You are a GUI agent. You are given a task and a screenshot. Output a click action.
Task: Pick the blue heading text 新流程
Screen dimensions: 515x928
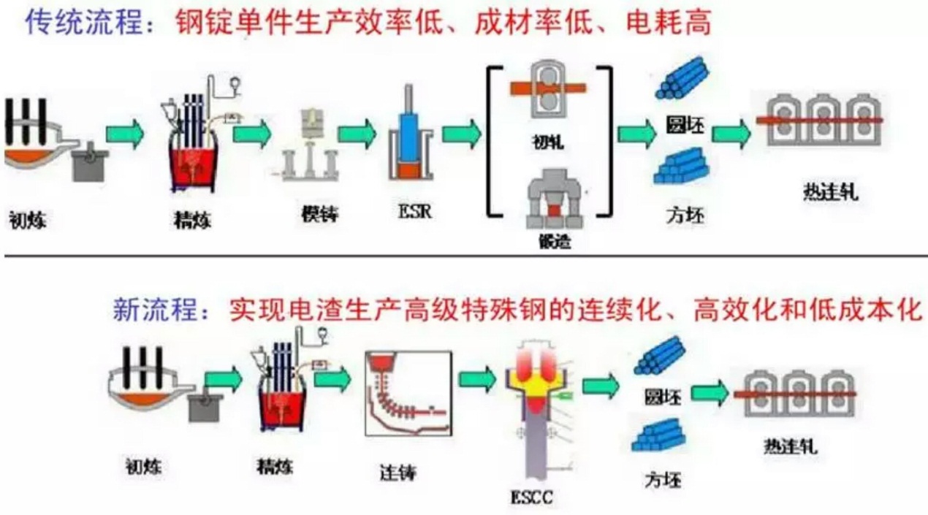tap(155, 310)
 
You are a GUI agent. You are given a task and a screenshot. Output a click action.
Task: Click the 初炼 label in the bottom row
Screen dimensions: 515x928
tap(142, 465)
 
